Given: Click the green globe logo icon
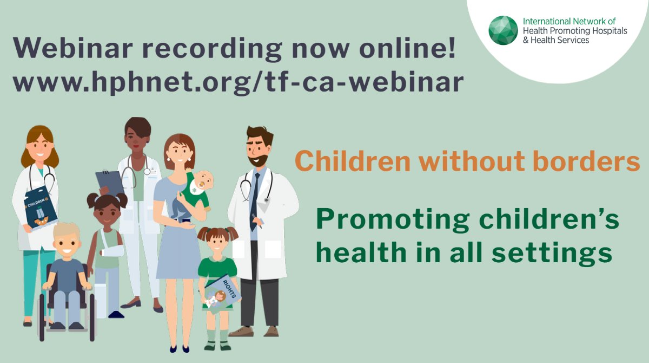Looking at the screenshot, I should (x=503, y=30).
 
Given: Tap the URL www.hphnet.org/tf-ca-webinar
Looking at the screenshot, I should (x=239, y=82).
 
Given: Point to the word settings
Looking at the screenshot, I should (x=558, y=252).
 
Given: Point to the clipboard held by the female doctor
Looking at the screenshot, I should (x=110, y=182).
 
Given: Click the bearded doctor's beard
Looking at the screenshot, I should (x=259, y=160).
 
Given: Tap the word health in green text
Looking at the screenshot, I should (x=360, y=252).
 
